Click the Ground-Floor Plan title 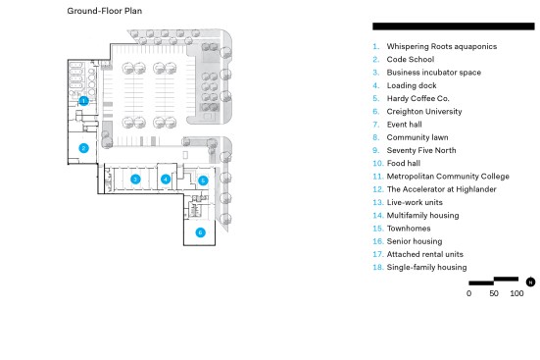104,11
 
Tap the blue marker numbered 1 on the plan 83,101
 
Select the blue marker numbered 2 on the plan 83,148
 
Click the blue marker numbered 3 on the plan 135,179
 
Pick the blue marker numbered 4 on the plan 166,180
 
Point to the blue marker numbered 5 203,180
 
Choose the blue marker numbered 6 201,232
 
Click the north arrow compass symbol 530,283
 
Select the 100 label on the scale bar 516,293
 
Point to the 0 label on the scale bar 468,293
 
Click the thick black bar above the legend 454,26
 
